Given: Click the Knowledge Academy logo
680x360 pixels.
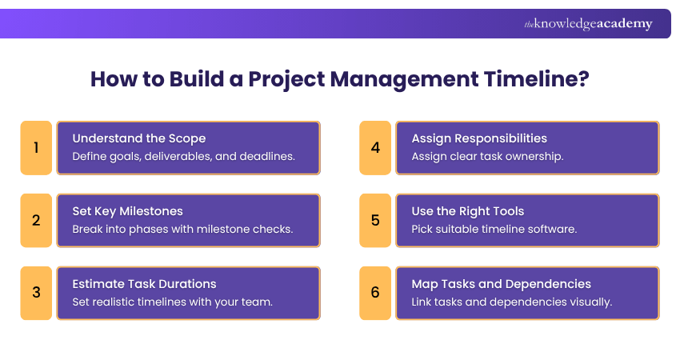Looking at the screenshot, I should click(588, 24).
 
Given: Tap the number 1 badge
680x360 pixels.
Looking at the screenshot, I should click(36, 148).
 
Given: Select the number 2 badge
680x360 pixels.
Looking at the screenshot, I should click(36, 220).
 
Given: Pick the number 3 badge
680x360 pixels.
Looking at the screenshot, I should click(36, 293).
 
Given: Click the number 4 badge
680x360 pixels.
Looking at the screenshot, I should click(375, 148).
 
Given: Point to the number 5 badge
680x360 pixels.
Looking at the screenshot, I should click(375, 220).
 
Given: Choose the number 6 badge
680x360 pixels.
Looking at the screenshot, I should click(375, 293).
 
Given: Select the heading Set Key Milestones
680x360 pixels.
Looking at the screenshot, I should click(127, 211).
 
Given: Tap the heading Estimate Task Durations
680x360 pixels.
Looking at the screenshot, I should click(144, 284).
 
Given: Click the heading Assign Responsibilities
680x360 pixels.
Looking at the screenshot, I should click(479, 138).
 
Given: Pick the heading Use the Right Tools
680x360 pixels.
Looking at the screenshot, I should click(468, 211).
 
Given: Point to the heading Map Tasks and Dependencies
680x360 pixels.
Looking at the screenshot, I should click(502, 284).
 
